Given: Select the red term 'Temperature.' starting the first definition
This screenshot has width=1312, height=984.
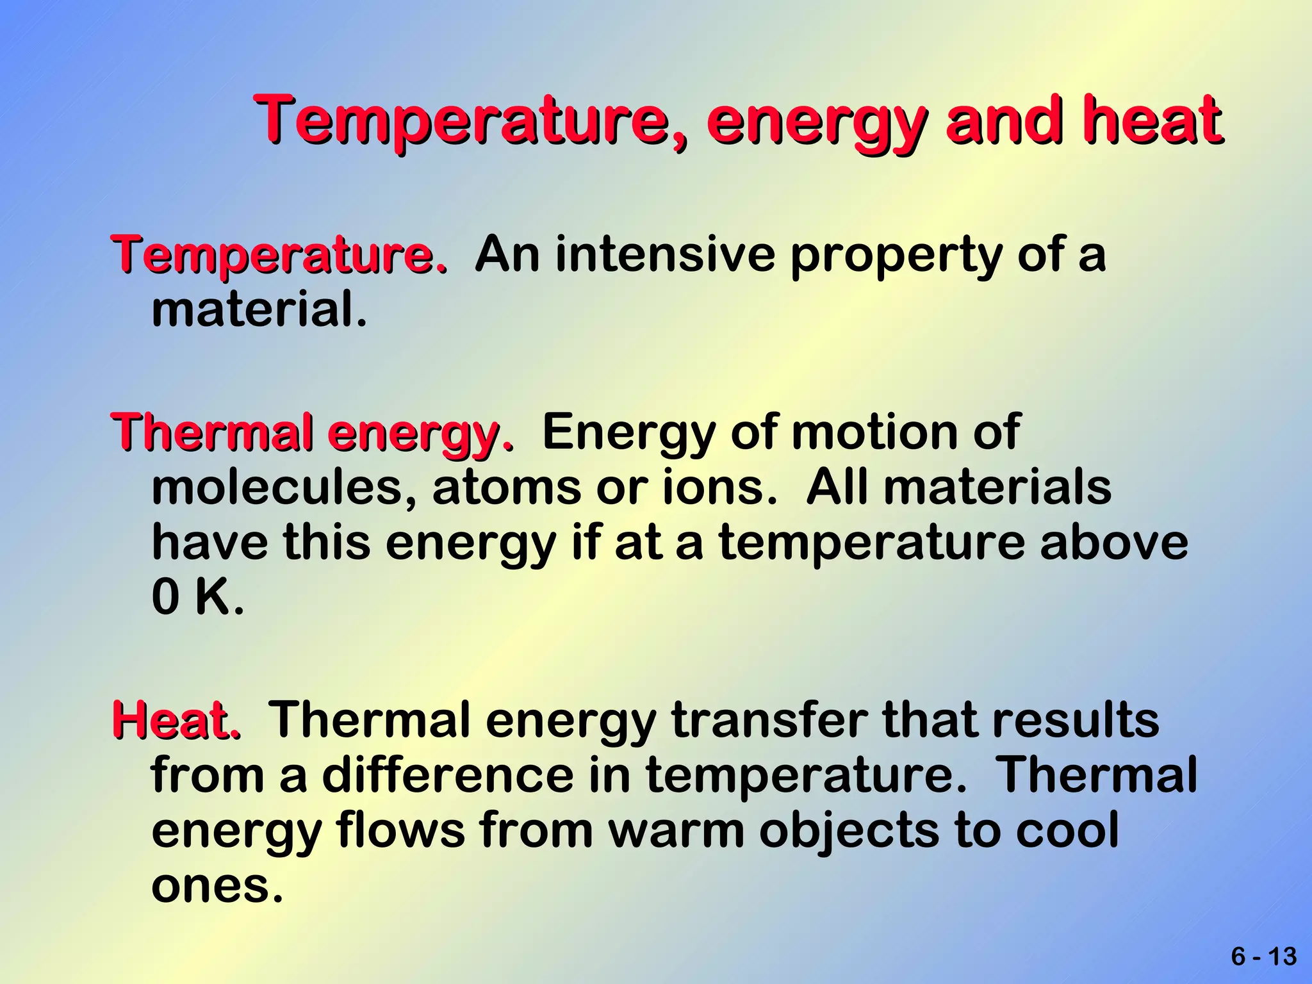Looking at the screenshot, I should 279,255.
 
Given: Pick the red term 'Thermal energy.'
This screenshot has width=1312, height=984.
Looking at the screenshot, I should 313,433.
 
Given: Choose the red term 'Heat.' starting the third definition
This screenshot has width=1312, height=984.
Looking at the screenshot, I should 177,720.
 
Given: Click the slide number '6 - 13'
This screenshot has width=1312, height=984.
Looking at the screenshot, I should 1263,956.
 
